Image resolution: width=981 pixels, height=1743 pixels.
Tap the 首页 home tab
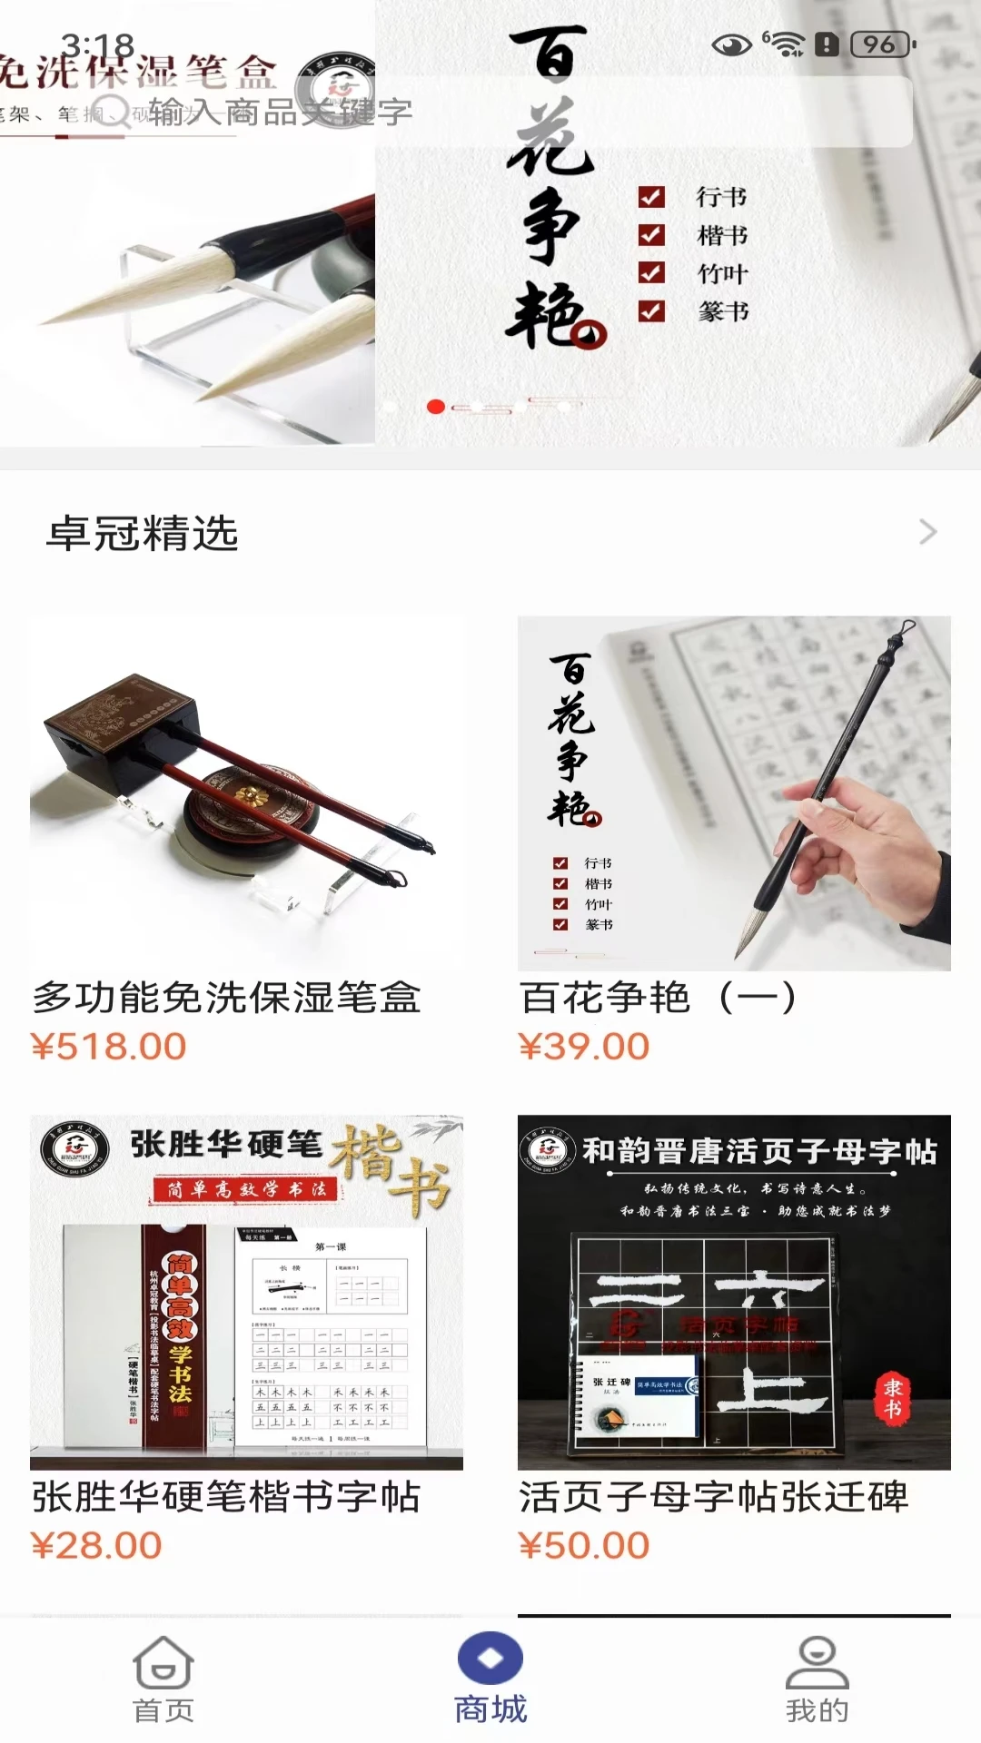(x=163, y=1679)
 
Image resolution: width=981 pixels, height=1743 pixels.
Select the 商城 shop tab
(x=490, y=1679)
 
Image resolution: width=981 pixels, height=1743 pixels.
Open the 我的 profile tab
(x=817, y=1679)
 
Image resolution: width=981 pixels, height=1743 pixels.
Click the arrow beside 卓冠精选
(x=927, y=532)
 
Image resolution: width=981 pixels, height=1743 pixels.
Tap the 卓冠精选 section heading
(x=143, y=534)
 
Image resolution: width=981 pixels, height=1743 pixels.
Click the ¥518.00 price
(x=109, y=1047)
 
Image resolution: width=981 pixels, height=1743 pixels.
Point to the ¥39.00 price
(x=584, y=1047)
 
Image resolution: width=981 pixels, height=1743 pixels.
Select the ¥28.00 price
(x=96, y=1545)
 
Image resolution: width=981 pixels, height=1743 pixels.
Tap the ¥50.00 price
(x=584, y=1545)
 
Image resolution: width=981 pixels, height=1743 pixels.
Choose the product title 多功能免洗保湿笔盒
(x=226, y=998)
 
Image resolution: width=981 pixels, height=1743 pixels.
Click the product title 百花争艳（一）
(x=658, y=998)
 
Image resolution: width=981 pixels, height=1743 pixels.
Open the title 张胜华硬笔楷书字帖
(x=226, y=1497)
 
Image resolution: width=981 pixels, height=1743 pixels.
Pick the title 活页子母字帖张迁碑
(x=713, y=1497)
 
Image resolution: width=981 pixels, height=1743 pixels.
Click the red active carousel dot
(x=436, y=407)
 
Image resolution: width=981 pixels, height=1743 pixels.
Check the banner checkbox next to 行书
(x=651, y=197)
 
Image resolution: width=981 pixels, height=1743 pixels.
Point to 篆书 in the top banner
(x=723, y=312)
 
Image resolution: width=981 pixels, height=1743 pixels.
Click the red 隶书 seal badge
(x=892, y=1398)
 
